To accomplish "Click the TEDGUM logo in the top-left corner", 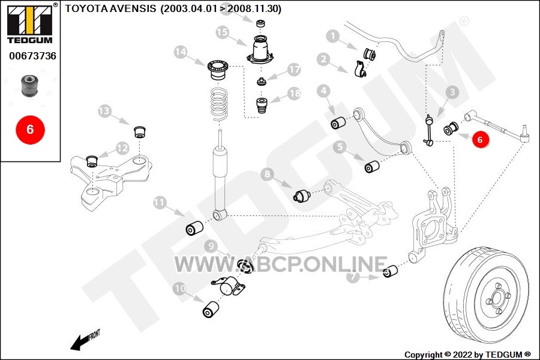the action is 30,23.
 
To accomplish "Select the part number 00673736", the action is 33,56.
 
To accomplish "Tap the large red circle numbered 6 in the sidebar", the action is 31,130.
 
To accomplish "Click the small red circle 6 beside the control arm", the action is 480,139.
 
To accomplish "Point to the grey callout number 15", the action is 223,33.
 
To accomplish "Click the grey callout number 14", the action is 181,52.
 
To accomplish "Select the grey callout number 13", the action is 104,111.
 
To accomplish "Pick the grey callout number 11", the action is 160,202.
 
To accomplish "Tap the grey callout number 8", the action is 268,175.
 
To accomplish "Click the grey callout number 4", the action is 323,91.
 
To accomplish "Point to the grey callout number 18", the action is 295,94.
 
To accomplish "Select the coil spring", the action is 219,104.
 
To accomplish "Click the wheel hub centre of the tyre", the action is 497,297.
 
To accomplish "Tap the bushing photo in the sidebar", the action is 29,85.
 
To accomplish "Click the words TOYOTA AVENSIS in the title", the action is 110,8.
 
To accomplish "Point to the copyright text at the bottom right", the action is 467,355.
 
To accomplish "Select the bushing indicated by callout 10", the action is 211,309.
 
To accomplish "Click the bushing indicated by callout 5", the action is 372,166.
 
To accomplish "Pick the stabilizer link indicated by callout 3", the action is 429,131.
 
